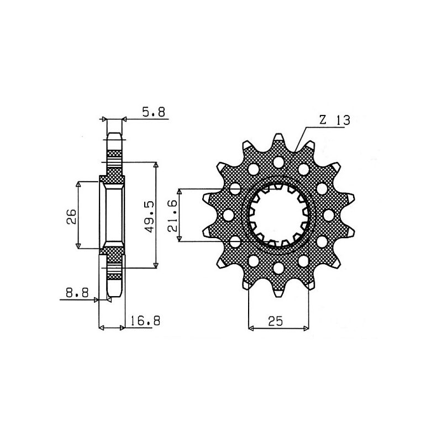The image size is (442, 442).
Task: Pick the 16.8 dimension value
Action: (143, 321)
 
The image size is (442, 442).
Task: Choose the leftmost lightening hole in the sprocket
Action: (228, 214)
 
